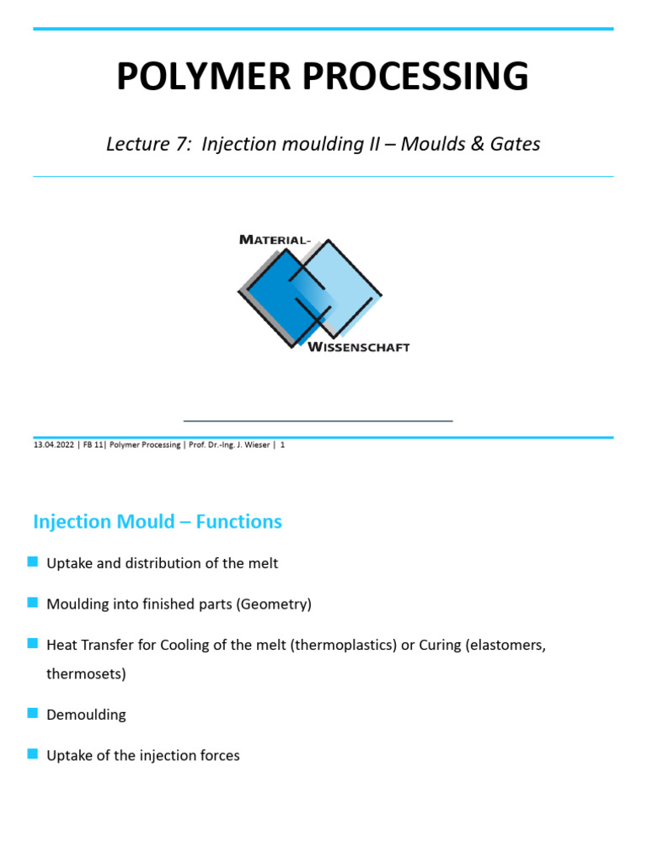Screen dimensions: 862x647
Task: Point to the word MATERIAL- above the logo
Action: pyautogui.click(x=275, y=239)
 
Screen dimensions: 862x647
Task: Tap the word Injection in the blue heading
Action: pyautogui.click(x=73, y=522)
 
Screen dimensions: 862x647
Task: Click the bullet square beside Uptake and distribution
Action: pyautogui.click(x=33, y=562)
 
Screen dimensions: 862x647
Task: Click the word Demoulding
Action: pyautogui.click(x=86, y=715)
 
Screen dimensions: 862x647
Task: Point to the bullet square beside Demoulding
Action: pyautogui.click(x=33, y=714)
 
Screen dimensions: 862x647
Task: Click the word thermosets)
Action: pyautogui.click(x=86, y=674)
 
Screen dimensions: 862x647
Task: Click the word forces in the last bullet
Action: pyautogui.click(x=219, y=755)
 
